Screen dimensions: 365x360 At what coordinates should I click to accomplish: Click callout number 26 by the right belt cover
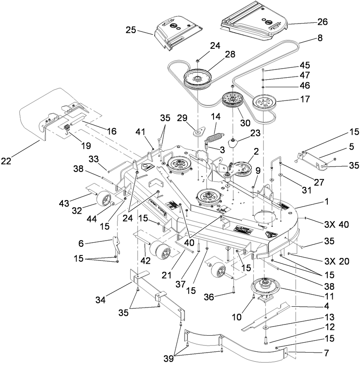[322, 21]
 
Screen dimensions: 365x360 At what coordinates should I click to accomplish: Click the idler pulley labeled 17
[264, 102]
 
